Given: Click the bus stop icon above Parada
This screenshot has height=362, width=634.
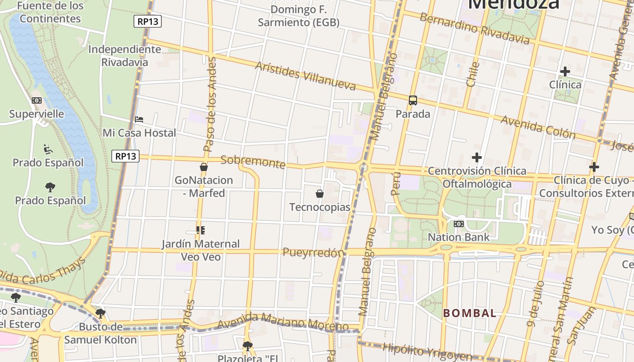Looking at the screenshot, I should point(413,100).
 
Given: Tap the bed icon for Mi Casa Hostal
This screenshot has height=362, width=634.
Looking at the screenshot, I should point(139,120).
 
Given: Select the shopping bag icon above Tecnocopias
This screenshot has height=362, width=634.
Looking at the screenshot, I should point(320,194).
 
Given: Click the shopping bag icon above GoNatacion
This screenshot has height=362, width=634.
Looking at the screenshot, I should point(204,167).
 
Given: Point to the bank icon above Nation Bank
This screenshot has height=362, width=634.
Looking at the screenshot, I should point(459,224).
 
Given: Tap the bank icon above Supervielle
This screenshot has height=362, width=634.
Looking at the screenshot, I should point(37,100).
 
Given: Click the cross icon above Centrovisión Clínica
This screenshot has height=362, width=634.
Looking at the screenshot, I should point(476,157).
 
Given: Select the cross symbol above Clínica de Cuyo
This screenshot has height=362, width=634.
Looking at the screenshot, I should point(594,167).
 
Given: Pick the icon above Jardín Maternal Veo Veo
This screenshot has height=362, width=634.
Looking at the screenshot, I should point(201,230).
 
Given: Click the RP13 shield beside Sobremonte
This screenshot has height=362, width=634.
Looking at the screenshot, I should point(125,156).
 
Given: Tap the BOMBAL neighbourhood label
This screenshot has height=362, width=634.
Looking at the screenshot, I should point(470,313).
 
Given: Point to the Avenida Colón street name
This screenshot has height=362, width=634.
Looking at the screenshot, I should point(538,127).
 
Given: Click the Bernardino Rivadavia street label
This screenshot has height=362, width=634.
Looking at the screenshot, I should point(474,29).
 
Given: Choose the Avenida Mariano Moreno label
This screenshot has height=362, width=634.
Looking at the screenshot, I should point(283,323).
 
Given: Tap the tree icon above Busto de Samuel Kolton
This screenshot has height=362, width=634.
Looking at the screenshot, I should point(101,313).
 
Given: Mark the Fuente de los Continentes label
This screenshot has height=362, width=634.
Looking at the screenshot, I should point(51,12).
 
